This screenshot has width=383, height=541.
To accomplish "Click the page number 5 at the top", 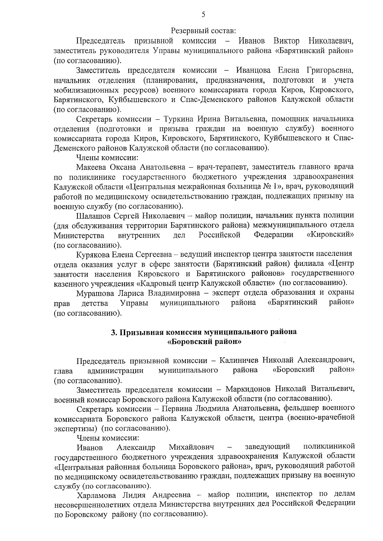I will click(204, 15).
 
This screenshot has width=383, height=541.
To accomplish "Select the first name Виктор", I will click(286, 41).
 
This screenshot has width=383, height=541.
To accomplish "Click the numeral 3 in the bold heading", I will click(113, 332).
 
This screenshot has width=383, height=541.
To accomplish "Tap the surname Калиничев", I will click(240, 361).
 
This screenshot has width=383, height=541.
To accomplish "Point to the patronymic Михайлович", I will click(191, 447).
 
